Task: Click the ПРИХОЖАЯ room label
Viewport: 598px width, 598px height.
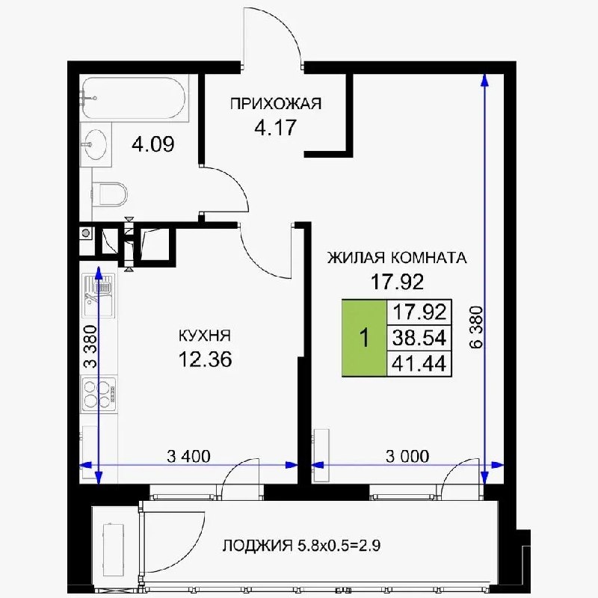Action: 276,104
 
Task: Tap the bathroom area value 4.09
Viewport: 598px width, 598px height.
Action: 153,144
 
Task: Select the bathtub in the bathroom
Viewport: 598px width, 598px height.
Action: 134,98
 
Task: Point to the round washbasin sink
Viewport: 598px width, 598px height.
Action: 96,144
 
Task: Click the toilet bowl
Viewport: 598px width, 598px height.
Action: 111,194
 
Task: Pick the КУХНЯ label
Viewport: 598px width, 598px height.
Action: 205,336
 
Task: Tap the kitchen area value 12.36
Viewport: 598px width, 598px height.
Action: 205,360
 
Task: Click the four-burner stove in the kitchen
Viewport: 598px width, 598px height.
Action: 99,394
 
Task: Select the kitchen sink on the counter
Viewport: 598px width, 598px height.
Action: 99,295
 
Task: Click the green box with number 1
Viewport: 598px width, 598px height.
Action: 365,338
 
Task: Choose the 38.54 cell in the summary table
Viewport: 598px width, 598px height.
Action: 419,338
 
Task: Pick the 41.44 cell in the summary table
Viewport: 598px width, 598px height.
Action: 419,363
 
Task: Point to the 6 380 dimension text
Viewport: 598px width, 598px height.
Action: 476,327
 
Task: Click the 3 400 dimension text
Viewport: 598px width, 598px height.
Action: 189,456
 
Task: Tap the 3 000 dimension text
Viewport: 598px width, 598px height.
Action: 407,456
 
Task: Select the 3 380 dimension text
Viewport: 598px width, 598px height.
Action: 90,346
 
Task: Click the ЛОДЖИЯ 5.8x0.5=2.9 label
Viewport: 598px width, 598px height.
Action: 301,546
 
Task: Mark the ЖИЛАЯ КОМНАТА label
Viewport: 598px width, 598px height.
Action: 397,258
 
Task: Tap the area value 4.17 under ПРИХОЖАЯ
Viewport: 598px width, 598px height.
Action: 275,128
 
